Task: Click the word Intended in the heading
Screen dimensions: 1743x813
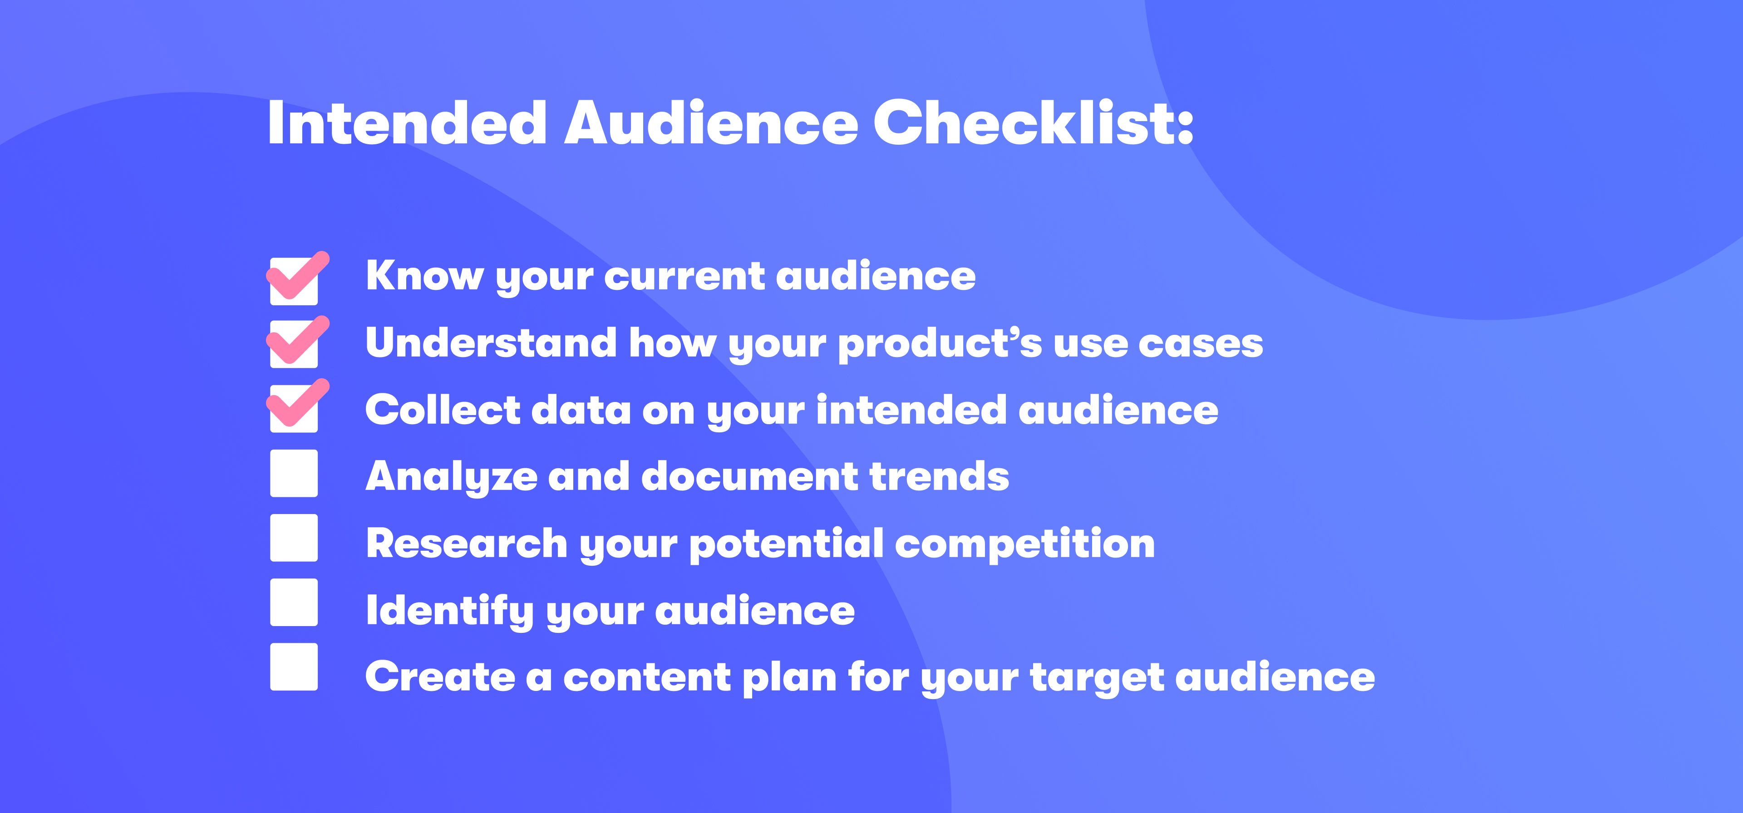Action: pos(407,122)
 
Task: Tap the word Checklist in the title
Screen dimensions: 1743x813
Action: pos(1033,122)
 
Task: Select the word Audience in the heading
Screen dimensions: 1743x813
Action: pos(710,122)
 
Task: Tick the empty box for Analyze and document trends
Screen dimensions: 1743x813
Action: pos(294,474)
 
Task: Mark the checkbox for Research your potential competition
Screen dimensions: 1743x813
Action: pos(294,538)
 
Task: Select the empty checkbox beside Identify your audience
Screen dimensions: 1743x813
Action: pos(294,602)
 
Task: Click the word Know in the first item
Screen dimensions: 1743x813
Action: pos(425,275)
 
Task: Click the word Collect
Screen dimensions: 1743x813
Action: pos(443,409)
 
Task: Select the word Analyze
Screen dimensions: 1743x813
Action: pos(451,478)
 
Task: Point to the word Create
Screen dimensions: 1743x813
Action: pos(440,677)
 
